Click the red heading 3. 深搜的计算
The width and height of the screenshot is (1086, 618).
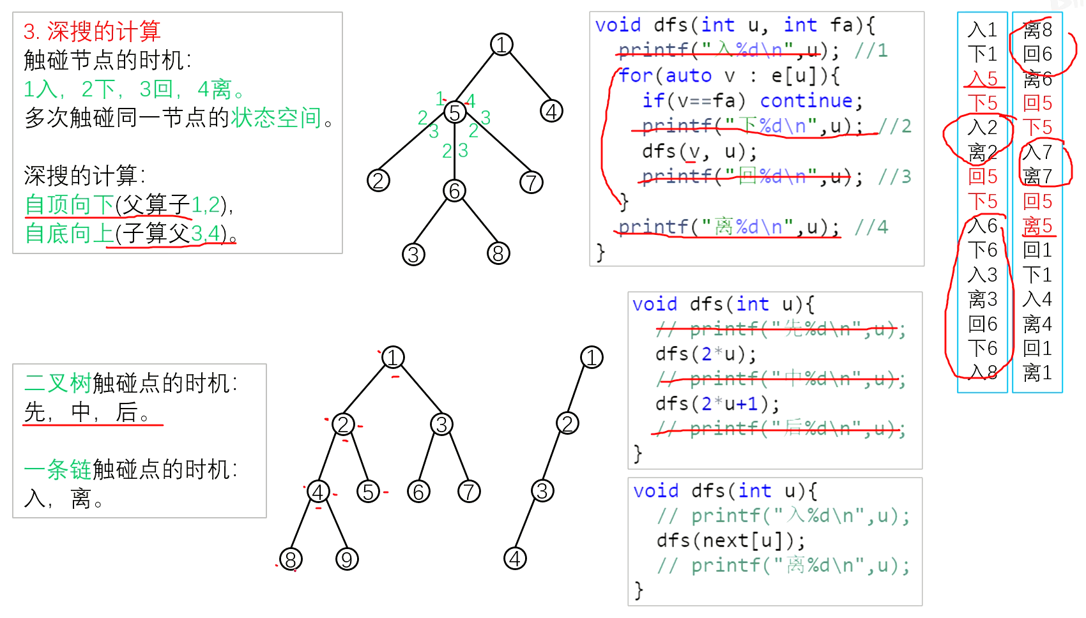click(x=92, y=31)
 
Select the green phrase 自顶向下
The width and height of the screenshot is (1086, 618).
click(x=69, y=205)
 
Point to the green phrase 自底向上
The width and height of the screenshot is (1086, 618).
click(x=69, y=234)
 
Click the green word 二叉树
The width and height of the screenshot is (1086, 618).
click(x=58, y=383)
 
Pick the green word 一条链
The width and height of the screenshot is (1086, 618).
click(x=58, y=469)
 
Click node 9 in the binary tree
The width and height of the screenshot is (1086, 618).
click(x=347, y=559)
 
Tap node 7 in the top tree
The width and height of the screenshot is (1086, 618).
click(x=531, y=183)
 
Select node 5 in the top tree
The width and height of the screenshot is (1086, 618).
click(x=455, y=113)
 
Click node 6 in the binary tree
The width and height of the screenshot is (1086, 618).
click(x=418, y=492)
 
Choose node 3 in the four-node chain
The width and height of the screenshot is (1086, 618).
click(x=542, y=491)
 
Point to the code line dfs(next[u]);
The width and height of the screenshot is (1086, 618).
click(x=731, y=541)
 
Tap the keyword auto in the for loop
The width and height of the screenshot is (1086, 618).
click(x=688, y=76)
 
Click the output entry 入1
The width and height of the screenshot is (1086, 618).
click(x=983, y=30)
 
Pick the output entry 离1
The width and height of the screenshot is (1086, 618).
click(x=1037, y=373)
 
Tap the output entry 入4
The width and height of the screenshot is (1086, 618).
click(x=1037, y=299)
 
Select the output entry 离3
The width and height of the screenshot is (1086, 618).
click(x=983, y=299)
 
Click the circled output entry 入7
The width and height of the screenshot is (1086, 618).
click(x=1037, y=152)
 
